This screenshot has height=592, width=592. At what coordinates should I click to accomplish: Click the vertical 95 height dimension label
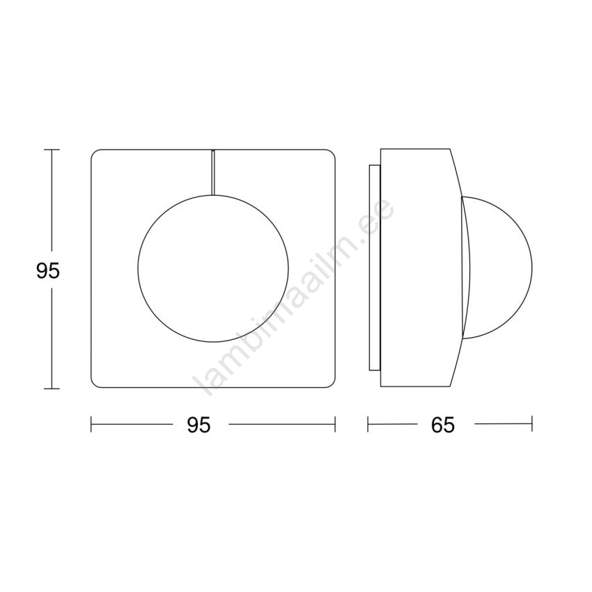(x=48, y=271)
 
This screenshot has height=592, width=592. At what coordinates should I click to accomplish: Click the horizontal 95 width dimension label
(x=198, y=426)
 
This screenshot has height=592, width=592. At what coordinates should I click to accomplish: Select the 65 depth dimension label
(x=443, y=426)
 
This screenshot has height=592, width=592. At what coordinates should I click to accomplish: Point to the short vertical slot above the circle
(x=213, y=173)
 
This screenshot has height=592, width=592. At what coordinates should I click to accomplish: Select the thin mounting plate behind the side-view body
(x=375, y=267)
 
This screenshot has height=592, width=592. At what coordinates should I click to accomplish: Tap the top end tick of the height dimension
(x=52, y=150)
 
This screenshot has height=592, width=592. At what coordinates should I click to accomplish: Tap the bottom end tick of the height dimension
(x=52, y=388)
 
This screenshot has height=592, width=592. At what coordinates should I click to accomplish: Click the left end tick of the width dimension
(x=91, y=424)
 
